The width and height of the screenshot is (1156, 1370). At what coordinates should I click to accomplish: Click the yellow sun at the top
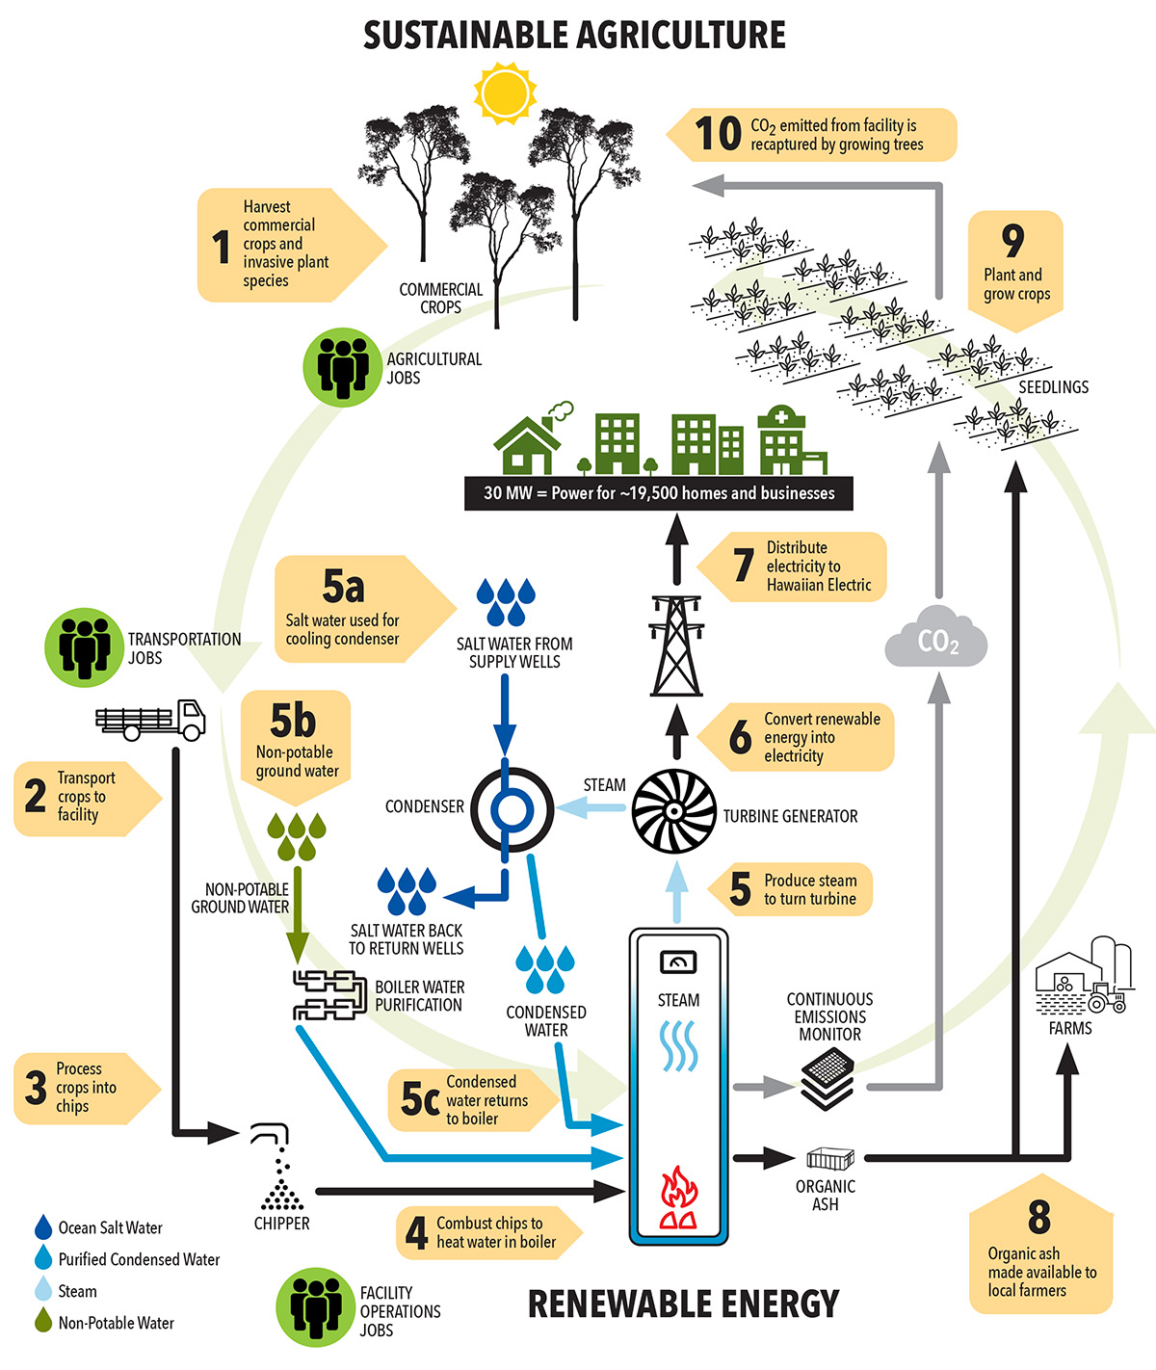(505, 93)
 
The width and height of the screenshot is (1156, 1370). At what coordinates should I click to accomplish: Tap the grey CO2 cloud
(935, 638)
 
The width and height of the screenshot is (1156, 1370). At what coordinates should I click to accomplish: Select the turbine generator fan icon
(673, 811)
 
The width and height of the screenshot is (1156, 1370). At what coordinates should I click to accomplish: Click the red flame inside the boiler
(678, 1199)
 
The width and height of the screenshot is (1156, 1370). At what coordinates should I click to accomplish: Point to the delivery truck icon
(151, 719)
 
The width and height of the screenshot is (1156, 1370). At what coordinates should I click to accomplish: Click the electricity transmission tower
(676, 645)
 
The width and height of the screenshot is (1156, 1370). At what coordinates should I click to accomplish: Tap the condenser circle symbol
(512, 808)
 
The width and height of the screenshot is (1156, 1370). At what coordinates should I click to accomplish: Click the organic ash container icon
(829, 1158)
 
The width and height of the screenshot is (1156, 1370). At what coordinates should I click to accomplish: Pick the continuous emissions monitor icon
(828, 1078)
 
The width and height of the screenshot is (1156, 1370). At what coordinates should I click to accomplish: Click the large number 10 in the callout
(718, 134)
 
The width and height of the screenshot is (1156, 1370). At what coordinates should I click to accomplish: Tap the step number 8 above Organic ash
(1038, 1216)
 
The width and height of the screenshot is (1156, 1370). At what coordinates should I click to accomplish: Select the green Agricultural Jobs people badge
(342, 366)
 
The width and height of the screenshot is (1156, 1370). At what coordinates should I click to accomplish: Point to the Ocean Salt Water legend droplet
(43, 1227)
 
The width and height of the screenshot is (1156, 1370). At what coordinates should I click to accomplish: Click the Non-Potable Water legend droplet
(43, 1321)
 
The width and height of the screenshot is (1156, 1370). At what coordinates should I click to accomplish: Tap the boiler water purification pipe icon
(328, 995)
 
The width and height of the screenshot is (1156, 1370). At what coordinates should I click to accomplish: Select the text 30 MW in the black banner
(508, 493)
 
